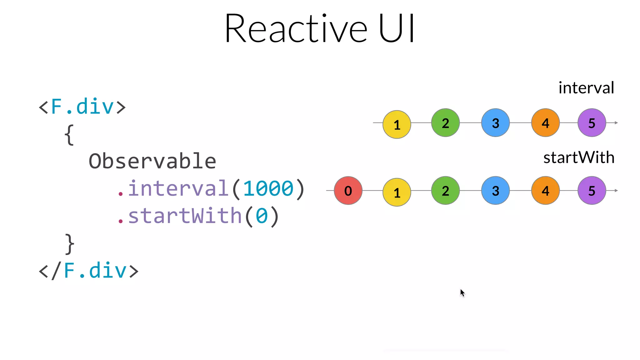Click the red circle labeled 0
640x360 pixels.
point(348,191)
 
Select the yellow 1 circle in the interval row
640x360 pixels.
point(397,124)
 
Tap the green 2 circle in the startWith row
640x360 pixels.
point(445,191)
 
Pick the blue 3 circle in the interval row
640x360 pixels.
point(495,123)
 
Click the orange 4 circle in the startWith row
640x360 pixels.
point(545,191)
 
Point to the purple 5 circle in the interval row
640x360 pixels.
point(592,123)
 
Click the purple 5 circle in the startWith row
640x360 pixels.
point(592,191)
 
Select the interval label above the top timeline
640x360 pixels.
point(586,88)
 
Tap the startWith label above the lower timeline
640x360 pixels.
point(579,157)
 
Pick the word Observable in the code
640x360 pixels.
point(152,162)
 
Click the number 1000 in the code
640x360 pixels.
point(268,189)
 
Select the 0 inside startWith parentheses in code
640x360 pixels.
point(262,216)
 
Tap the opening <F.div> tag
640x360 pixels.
point(82,107)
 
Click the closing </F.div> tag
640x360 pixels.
point(88,271)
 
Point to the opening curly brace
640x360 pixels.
point(69,135)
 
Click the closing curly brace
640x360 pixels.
point(70,244)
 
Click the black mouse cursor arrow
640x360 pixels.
point(462,292)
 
